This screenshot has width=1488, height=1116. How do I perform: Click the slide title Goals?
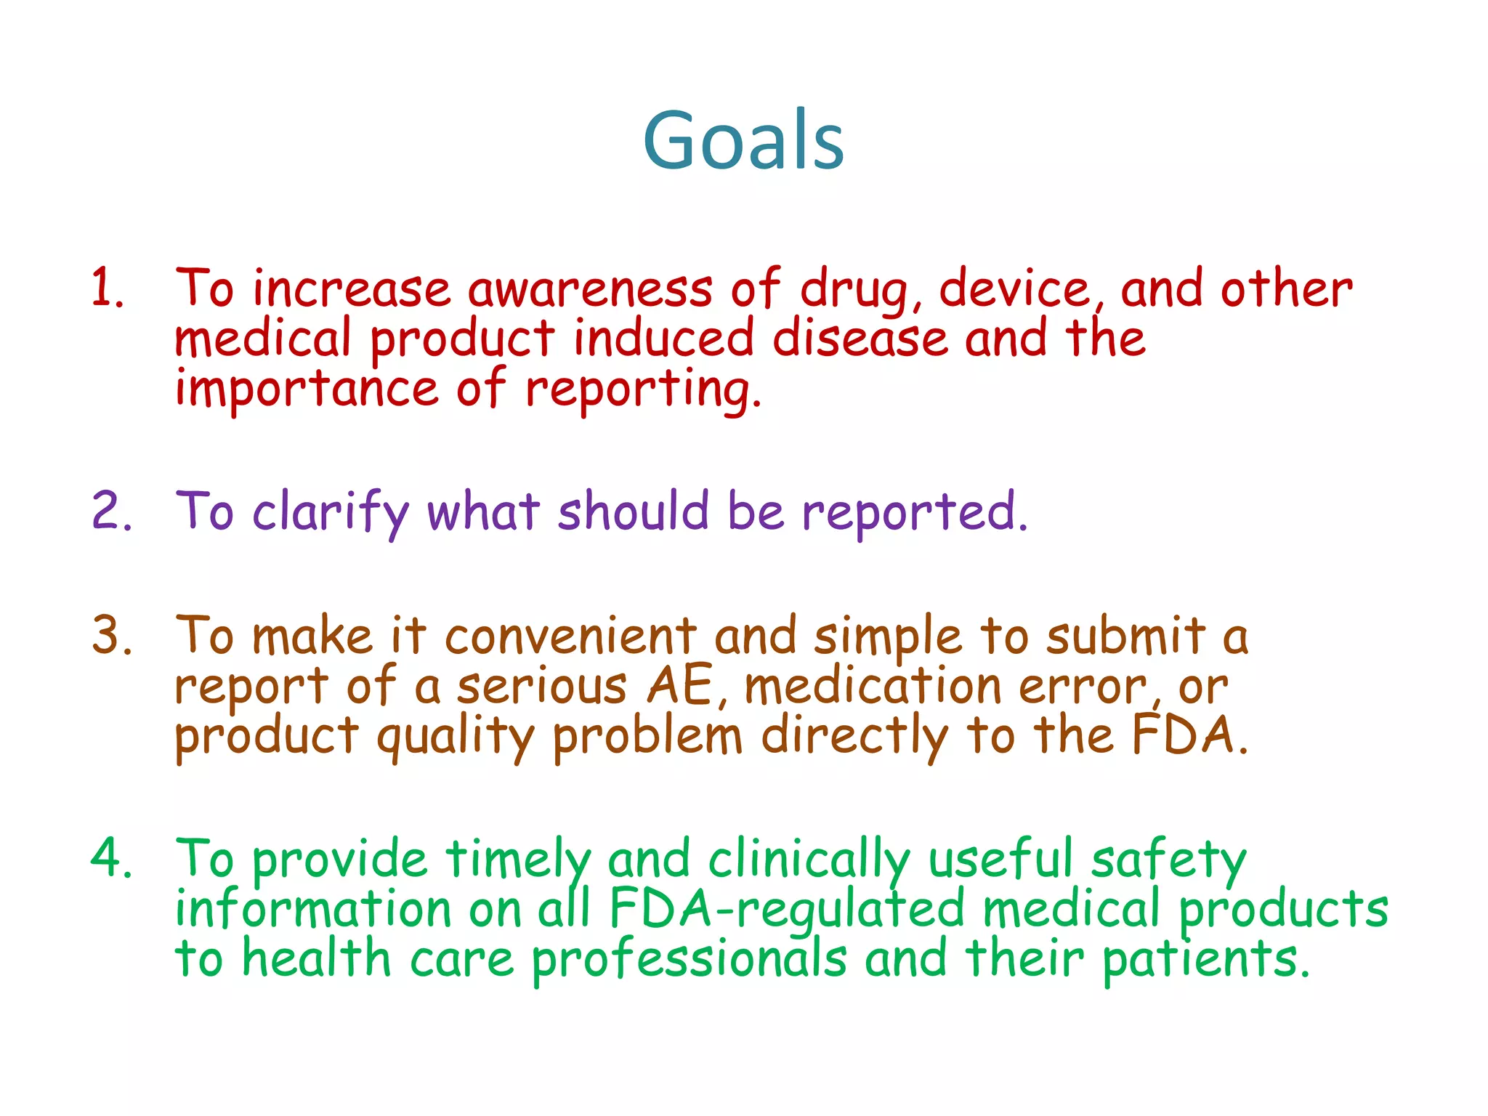pyautogui.click(x=743, y=139)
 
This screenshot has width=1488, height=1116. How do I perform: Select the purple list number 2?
pyautogui.click(x=110, y=511)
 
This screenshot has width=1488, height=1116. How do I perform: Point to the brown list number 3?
pyautogui.click(x=110, y=635)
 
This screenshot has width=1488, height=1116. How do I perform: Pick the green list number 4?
pyautogui.click(x=110, y=858)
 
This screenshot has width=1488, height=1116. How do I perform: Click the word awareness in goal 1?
pyautogui.click(x=590, y=289)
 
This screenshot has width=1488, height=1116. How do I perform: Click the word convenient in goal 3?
pyautogui.click(x=570, y=636)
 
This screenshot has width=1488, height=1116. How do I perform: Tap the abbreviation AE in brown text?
pyautogui.click(x=680, y=686)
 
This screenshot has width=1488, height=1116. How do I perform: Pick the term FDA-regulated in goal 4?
pyautogui.click(x=787, y=909)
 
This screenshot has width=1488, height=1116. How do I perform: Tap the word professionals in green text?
pyautogui.click(x=689, y=959)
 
